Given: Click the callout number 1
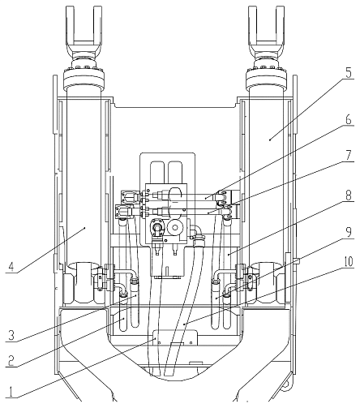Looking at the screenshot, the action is [x=11, y=392].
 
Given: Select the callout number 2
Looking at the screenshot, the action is [x=11, y=361].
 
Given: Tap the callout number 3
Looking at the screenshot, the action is [x=11, y=335].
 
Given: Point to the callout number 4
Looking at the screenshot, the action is [x=11, y=267].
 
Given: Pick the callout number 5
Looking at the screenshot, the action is [x=349, y=72].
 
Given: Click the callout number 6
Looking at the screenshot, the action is [x=349, y=119].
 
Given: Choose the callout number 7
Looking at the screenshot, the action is [x=349, y=155].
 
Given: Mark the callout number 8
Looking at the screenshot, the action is [x=349, y=195].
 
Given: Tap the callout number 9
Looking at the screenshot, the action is [x=349, y=232].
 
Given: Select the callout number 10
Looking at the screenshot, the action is [x=349, y=261].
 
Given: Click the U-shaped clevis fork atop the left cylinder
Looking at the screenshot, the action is [x=84, y=30].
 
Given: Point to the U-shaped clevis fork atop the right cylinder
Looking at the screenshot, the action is [x=267, y=30].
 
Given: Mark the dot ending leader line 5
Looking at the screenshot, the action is [x=270, y=140].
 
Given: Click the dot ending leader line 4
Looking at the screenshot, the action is [x=85, y=228].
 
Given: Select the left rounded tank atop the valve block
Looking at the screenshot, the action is [x=157, y=172].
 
